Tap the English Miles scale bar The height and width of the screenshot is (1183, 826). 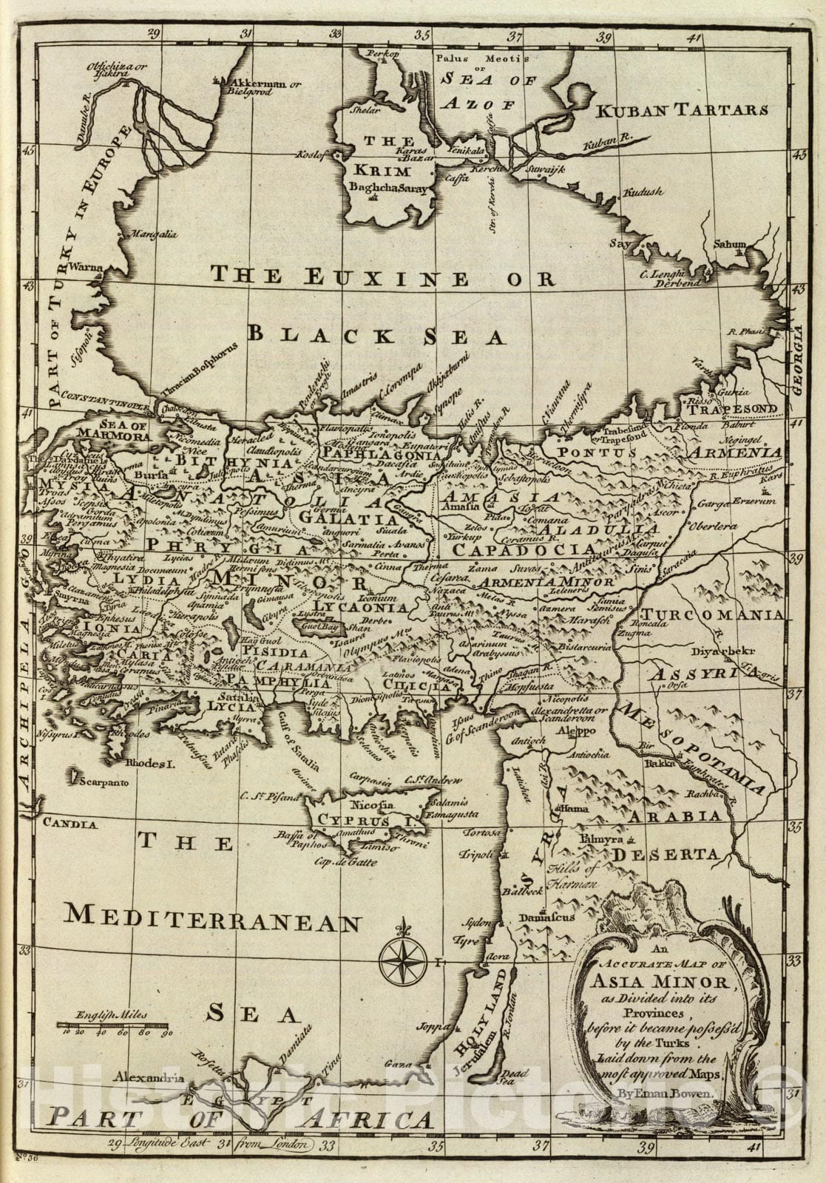pos(115,1026)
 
